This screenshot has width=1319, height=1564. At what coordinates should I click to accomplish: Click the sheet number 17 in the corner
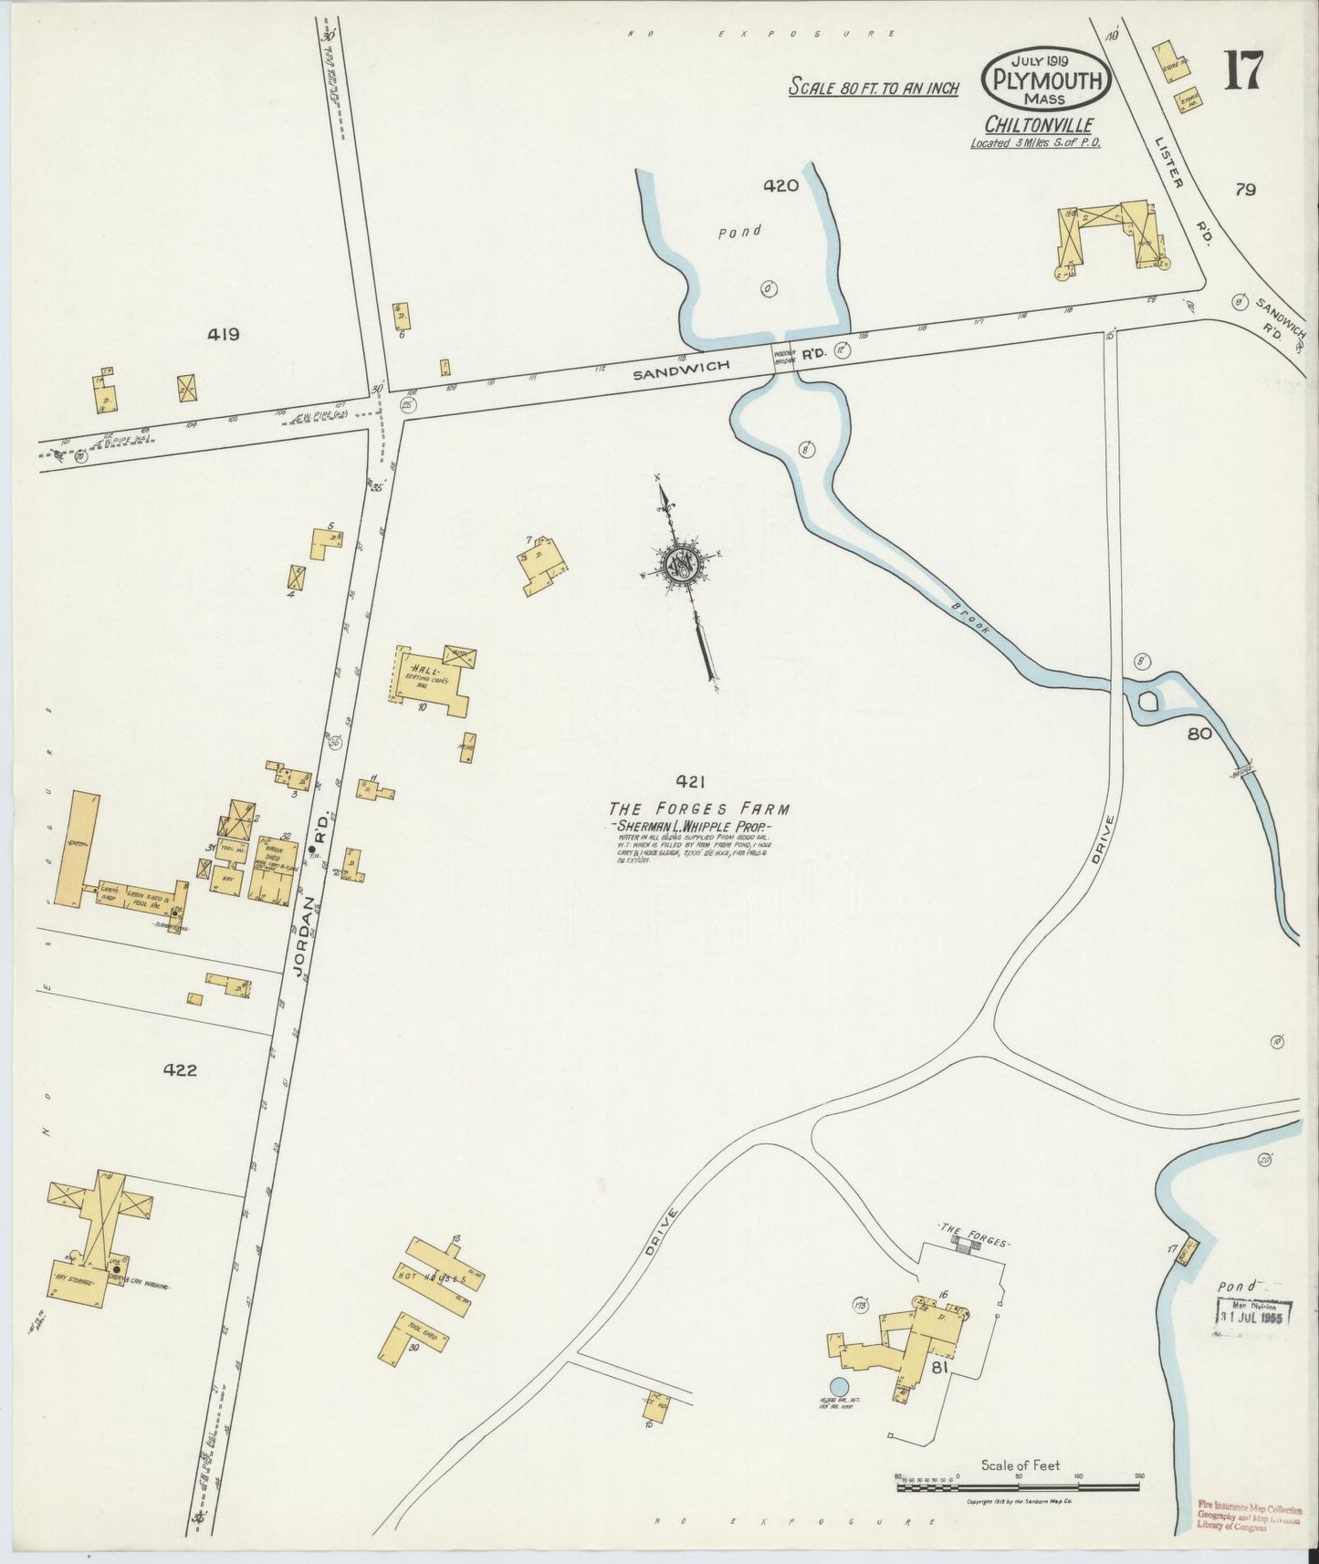[x=1243, y=70]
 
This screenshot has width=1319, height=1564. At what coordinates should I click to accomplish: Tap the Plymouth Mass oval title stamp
[x=1046, y=79]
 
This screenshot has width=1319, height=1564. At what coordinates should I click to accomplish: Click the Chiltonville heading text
[x=1039, y=125]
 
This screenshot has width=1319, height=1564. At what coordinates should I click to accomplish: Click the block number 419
[x=223, y=334]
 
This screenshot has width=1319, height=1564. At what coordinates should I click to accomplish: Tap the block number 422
[x=179, y=1069]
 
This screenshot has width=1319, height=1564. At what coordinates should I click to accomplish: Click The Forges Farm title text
[x=699, y=808]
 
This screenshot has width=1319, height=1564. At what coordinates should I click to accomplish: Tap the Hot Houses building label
[x=431, y=1277]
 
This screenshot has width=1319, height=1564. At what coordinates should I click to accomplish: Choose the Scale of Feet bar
[x=1018, y=1486]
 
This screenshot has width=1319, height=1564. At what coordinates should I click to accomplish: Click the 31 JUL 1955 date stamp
[x=1255, y=1318]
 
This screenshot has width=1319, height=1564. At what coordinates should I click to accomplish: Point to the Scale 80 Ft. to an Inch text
[x=874, y=88]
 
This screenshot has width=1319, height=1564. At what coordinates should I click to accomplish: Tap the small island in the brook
[x=1148, y=701]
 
